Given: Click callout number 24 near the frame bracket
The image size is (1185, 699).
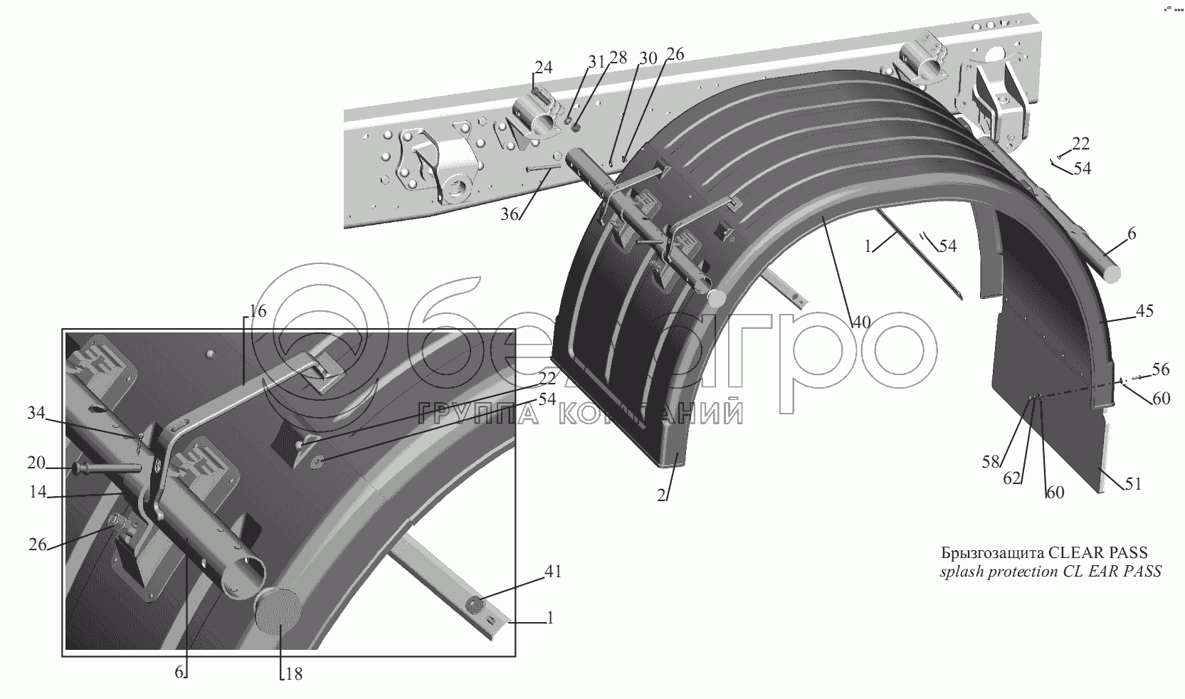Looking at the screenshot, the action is (544, 68).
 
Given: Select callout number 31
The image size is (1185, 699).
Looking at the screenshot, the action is (596, 62).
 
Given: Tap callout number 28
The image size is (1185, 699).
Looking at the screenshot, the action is (618, 58).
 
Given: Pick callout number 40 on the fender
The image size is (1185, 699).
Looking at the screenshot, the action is (861, 322).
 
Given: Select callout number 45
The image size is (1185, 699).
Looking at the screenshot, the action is (1145, 311).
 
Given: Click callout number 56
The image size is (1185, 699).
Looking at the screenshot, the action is (1161, 369).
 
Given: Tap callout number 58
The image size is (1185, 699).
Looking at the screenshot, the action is (991, 463).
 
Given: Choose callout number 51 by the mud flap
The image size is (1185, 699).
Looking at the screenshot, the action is (1133, 484).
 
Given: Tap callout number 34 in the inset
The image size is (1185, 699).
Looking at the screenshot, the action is (36, 412).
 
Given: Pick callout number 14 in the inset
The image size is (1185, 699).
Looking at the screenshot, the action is (38, 491).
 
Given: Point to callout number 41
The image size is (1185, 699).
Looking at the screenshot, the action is (553, 572).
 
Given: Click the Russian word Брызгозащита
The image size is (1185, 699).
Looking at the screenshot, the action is (988, 553).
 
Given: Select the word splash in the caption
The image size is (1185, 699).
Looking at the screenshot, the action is (958, 571).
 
